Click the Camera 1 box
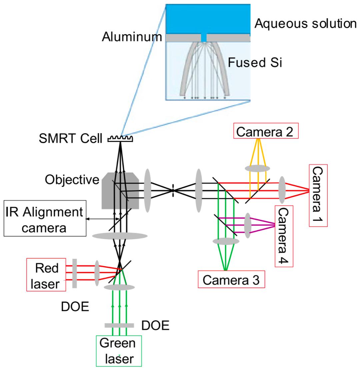(x=318, y=195)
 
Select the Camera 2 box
(x=266, y=131)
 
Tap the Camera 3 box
(x=231, y=279)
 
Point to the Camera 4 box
(x=284, y=236)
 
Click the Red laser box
(x=46, y=275)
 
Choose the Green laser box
(x=119, y=351)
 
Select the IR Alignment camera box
(x=45, y=218)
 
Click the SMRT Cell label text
(x=71, y=138)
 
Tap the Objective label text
(x=72, y=180)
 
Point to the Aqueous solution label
(x=306, y=24)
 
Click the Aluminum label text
(x=132, y=37)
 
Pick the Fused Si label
(x=255, y=63)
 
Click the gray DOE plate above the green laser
(x=119, y=325)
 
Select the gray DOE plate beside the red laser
(x=75, y=273)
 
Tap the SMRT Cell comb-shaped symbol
(x=120, y=139)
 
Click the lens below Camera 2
(x=257, y=169)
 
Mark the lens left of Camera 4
(x=248, y=225)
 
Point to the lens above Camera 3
(x=226, y=241)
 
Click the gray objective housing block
(x=120, y=191)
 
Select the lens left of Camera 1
(x=282, y=190)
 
